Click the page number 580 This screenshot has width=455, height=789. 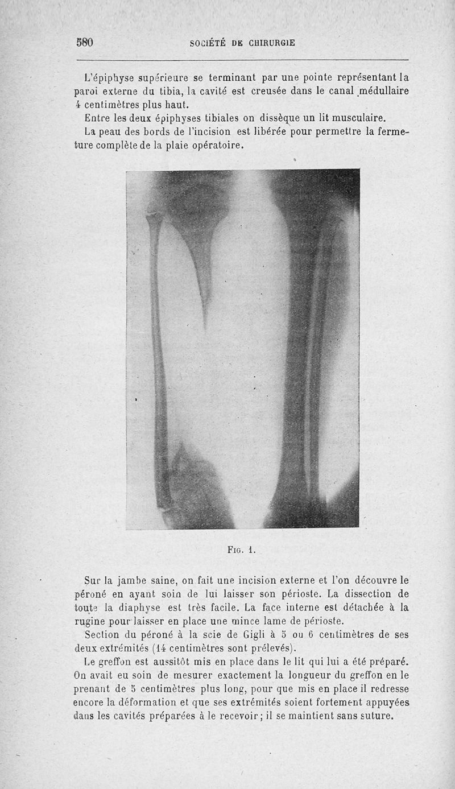(x=85, y=43)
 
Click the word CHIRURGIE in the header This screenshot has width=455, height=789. (x=267, y=43)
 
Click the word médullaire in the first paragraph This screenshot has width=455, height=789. (x=381, y=91)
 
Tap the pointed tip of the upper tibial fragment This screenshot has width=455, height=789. (x=205, y=324)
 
